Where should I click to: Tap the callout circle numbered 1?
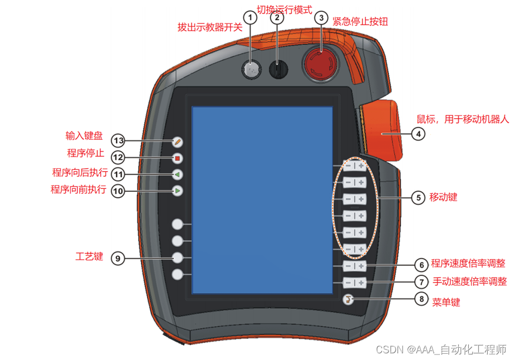(x=251, y=18)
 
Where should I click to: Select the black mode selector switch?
(x=277, y=69)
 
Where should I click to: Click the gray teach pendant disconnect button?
(x=251, y=69)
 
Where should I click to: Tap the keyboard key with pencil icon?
(x=178, y=142)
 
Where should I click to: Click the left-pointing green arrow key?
(x=178, y=174)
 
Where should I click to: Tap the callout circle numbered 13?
(x=118, y=140)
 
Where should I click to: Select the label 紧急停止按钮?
(x=360, y=22)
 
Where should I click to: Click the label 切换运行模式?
(x=283, y=10)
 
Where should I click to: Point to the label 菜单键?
(x=446, y=301)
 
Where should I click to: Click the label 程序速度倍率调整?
(x=469, y=264)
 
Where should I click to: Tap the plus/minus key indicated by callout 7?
(x=354, y=283)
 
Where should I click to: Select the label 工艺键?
(x=89, y=257)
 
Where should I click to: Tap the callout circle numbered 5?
(x=418, y=197)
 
